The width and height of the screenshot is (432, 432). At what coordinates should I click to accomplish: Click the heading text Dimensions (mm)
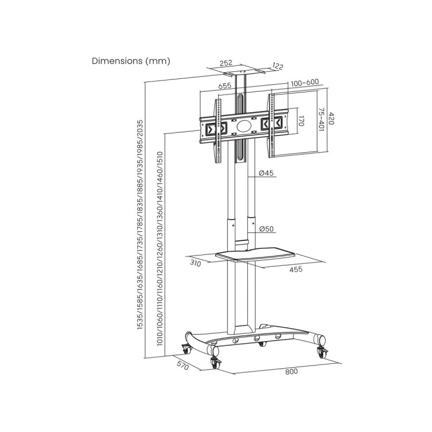point(131,61)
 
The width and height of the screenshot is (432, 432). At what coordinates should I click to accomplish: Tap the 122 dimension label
point(278,66)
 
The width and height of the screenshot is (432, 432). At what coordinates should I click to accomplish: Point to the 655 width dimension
point(225,85)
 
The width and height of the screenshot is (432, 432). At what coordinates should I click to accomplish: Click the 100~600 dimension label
point(304,83)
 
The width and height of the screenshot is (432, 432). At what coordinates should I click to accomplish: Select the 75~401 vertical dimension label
point(321,120)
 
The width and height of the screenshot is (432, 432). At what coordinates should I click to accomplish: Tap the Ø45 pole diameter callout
point(267,173)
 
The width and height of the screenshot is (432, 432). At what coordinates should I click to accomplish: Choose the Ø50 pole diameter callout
point(267,229)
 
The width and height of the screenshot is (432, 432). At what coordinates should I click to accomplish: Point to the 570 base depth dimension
point(183,366)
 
